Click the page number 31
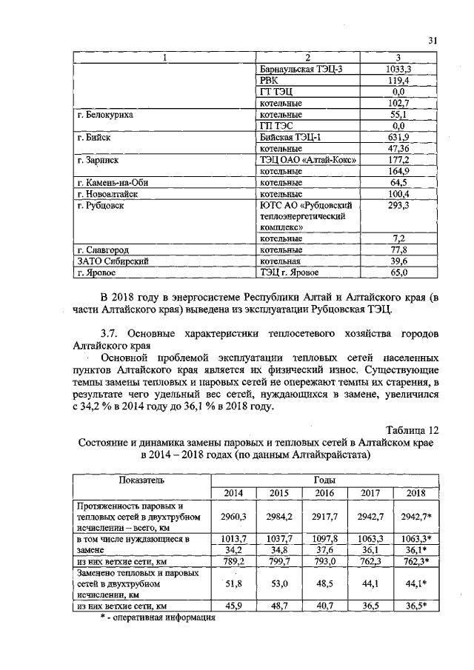[433, 41]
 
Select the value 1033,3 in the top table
[398, 69]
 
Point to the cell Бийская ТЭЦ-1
[290, 138]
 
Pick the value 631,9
[398, 138]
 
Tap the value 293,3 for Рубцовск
[398, 205]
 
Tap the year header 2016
[324, 493]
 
